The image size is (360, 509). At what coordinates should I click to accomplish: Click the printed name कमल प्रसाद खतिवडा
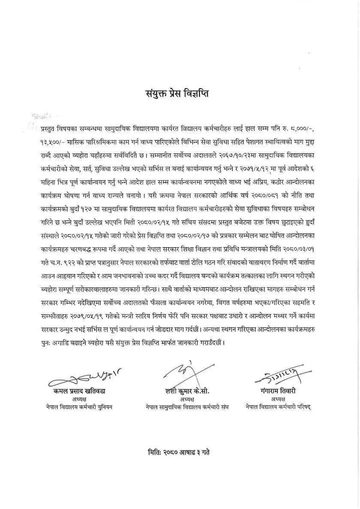(x=79, y=391)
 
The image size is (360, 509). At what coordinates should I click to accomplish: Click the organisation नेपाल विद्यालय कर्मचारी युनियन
(x=79, y=407)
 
